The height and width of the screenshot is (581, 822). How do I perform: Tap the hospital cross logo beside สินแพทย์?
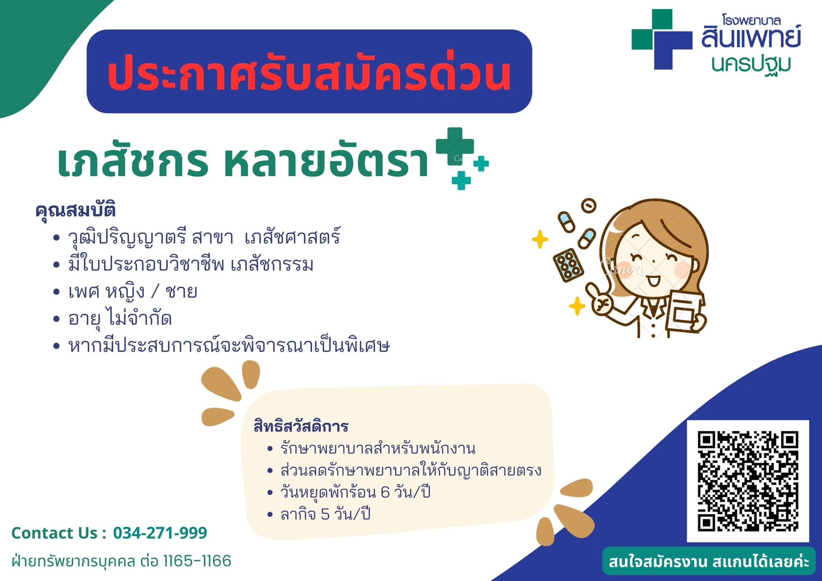tap(662, 39)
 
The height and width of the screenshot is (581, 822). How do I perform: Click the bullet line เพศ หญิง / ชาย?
tap(133, 292)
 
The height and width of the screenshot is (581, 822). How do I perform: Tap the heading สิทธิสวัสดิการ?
tap(301, 426)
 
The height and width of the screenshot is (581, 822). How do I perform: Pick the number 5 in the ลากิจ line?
tap(325, 514)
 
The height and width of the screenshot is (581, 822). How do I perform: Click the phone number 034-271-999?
tap(160, 533)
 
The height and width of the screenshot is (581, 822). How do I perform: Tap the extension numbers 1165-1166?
tap(197, 561)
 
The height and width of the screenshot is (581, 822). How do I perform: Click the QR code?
tap(748, 481)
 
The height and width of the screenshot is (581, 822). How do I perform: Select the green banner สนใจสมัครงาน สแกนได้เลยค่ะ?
tap(709, 561)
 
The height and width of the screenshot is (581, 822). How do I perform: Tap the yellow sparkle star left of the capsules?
tap(540, 240)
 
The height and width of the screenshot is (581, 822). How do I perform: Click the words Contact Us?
tap(55, 533)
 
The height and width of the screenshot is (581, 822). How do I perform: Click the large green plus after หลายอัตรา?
tap(455, 146)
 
